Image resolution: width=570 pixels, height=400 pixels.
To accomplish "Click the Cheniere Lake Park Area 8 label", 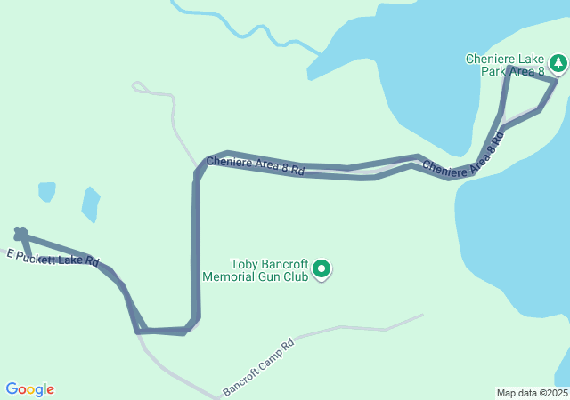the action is (x=506, y=65).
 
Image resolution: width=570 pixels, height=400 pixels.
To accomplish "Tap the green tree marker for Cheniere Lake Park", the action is (x=558, y=63).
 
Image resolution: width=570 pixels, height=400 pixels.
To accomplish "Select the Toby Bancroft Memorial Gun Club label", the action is (x=256, y=270).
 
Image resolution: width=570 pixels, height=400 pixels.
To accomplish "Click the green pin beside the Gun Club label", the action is (x=322, y=268).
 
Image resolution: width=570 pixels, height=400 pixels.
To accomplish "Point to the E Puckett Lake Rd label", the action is (x=53, y=259).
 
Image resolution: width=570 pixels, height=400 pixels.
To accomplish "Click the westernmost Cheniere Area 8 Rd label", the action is (x=256, y=165).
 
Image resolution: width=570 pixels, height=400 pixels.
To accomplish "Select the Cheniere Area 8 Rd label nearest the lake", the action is (x=463, y=157).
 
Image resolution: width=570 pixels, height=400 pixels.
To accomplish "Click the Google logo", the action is (x=29, y=389).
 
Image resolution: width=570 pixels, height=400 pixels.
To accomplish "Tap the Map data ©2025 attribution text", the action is (x=532, y=393).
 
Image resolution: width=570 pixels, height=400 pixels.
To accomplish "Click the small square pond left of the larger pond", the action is (x=46, y=191).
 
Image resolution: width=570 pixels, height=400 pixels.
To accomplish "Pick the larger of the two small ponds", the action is (x=90, y=204).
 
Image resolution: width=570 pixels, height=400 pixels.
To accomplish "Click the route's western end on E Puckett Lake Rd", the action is (x=20, y=233).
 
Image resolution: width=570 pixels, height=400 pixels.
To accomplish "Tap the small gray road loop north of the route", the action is (x=139, y=87).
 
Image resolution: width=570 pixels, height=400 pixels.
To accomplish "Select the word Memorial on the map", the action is (x=230, y=276).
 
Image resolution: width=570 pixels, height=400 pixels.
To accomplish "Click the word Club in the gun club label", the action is (x=296, y=276).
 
